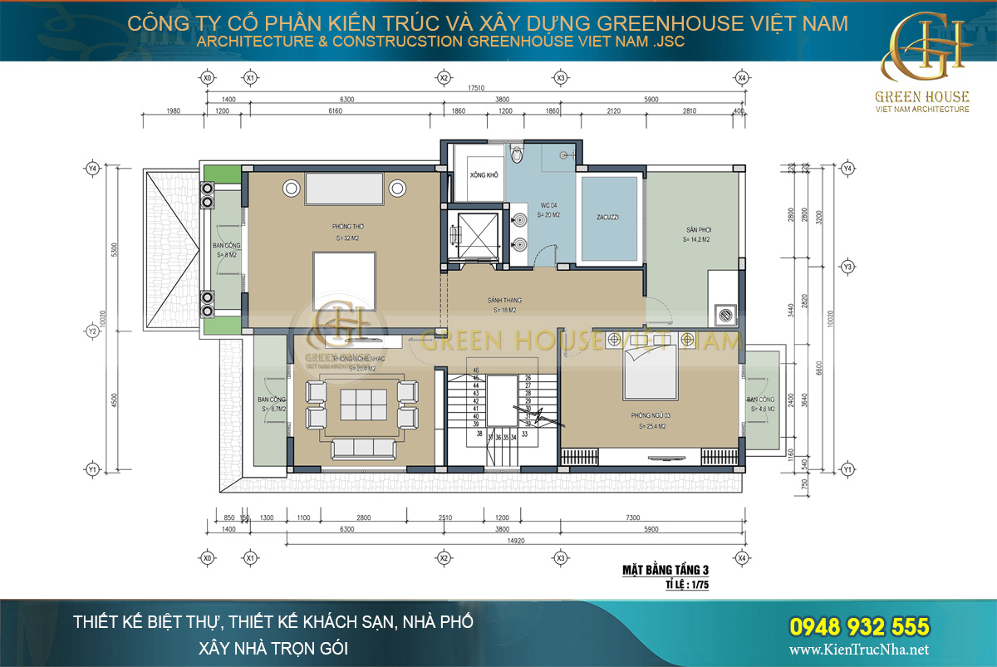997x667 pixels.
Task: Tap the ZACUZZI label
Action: click(x=607, y=218)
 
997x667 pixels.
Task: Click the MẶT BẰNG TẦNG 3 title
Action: click(x=665, y=570)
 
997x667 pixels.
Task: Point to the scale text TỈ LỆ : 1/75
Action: click(x=685, y=585)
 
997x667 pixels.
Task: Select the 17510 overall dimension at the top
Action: click(x=474, y=86)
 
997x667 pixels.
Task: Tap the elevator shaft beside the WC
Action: click(x=475, y=233)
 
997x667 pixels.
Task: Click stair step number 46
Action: click(x=475, y=370)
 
